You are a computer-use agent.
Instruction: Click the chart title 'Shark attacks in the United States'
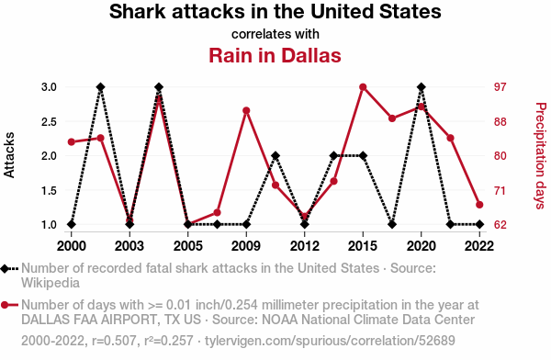click(275, 11)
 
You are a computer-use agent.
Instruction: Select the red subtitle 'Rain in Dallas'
click(275, 55)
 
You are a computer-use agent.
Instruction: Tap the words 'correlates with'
click(275, 34)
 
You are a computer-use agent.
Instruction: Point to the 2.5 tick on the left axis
click(49, 121)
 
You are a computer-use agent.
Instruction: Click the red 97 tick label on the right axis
click(500, 87)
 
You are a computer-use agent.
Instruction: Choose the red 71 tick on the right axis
click(500, 190)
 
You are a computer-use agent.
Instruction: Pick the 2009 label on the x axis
click(246, 246)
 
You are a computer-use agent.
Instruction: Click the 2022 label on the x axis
click(479, 246)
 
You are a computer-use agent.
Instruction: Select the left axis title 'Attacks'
click(9, 155)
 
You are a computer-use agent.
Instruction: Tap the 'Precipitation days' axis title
click(541, 156)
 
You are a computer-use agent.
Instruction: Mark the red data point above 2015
click(363, 87)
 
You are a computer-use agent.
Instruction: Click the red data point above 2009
click(246, 111)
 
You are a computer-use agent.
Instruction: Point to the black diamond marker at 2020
click(422, 87)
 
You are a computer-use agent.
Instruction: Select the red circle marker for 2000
click(72, 142)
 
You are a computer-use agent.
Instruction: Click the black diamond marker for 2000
click(72, 224)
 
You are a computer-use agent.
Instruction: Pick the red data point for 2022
click(479, 205)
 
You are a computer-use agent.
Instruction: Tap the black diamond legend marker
click(5, 269)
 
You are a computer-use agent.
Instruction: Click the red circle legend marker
click(5, 305)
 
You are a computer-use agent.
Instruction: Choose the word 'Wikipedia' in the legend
click(51, 283)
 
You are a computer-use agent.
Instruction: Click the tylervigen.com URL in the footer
click(330, 341)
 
